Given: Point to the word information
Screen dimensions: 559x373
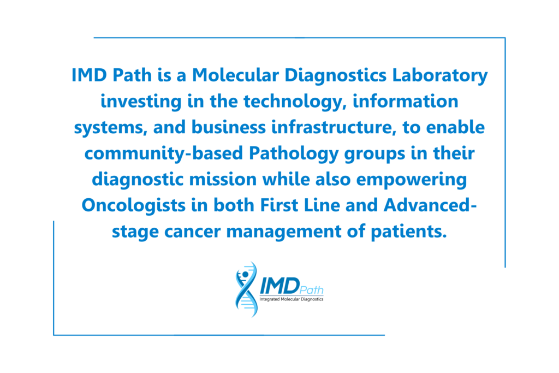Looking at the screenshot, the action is click(406, 101).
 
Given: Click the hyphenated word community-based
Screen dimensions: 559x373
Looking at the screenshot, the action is click(164, 153).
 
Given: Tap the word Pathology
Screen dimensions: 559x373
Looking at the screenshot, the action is click(294, 153).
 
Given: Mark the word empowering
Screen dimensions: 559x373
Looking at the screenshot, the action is click(412, 180).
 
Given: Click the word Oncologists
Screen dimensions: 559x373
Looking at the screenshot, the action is click(134, 206).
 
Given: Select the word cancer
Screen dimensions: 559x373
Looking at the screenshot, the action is click(192, 232).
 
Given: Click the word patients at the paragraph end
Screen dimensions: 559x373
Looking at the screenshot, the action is click(408, 232).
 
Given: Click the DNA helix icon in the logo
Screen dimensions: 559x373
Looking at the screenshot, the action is click(246, 289).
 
